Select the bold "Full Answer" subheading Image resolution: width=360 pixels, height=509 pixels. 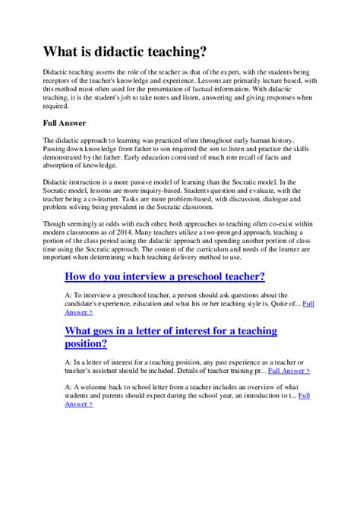(x=65, y=122)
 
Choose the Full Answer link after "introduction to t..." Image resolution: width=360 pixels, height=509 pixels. (x=303, y=395)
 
